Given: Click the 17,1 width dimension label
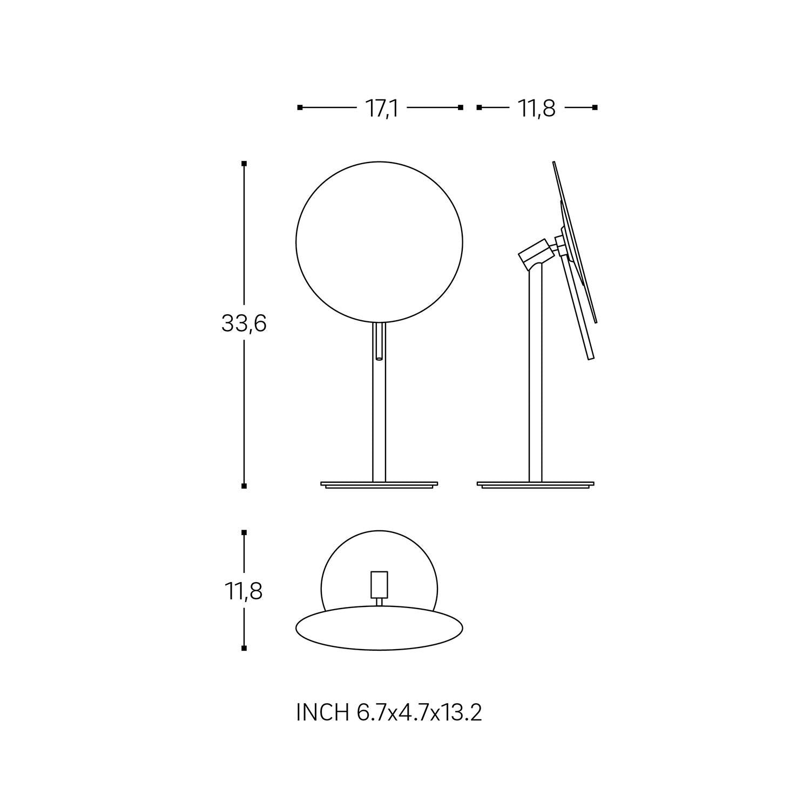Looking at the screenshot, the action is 382,109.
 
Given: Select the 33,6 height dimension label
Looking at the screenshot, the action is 244,324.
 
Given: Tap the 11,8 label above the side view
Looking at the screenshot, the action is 537,109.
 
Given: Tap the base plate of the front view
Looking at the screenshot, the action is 380,484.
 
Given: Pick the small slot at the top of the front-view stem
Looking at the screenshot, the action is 380,341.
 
